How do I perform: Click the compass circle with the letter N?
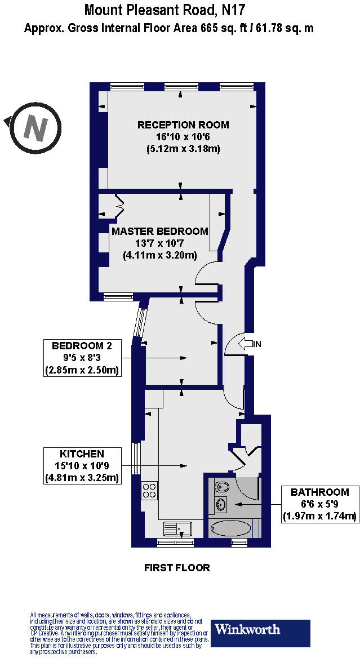(x=35, y=128)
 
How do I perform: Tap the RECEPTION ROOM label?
(x=183, y=125)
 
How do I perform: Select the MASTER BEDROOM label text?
(x=159, y=232)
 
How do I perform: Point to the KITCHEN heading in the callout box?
(x=82, y=454)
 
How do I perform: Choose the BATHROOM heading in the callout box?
(x=320, y=492)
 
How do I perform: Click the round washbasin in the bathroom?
(x=220, y=504)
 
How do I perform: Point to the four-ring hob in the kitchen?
(x=150, y=490)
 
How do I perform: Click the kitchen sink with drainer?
(x=178, y=528)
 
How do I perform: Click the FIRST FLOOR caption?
(x=177, y=567)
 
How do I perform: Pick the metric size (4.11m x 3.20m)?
(x=159, y=255)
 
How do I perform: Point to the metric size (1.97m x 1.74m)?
(x=320, y=515)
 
